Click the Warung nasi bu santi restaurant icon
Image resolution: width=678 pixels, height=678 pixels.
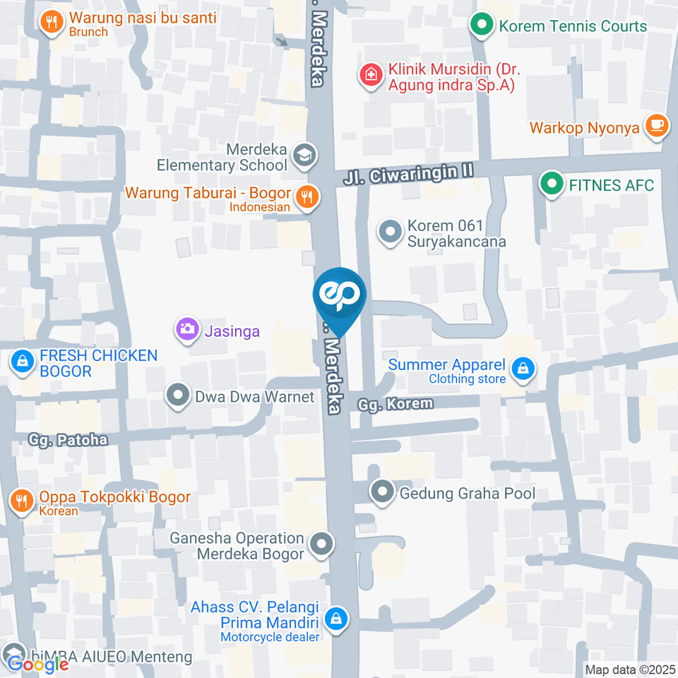[51, 22]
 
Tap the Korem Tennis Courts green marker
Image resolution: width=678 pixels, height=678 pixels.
[482, 26]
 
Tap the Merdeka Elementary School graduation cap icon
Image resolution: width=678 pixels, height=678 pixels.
[305, 155]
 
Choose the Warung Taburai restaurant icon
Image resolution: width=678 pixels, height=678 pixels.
[306, 197]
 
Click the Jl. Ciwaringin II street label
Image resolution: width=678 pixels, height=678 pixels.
[408, 174]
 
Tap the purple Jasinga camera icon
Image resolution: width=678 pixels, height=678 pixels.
[187, 328]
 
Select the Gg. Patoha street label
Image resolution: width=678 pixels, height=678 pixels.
[68, 440]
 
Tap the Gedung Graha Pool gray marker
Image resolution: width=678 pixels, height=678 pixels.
[383, 492]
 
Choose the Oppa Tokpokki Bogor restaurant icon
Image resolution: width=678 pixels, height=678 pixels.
[21, 501]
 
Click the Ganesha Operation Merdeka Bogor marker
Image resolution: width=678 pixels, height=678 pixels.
[322, 545]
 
